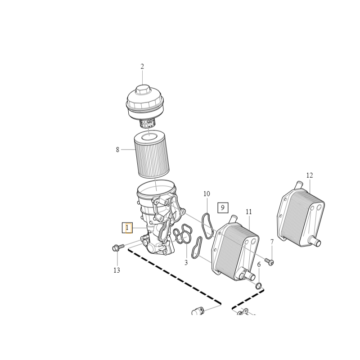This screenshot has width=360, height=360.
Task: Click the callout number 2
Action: point(142,67)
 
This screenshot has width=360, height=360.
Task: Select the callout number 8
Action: point(117,150)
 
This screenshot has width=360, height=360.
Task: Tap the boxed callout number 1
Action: point(127,228)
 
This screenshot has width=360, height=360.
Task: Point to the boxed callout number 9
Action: point(223,208)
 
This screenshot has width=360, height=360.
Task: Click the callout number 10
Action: point(207,194)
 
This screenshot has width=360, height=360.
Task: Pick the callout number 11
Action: point(249,211)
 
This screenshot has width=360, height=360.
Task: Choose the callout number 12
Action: point(310,175)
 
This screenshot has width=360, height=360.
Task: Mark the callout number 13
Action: point(117,270)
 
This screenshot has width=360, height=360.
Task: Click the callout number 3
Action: point(186,262)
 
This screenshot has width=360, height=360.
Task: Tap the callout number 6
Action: point(259,265)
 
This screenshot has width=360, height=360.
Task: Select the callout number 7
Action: point(272,242)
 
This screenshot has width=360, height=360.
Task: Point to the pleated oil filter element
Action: point(152,154)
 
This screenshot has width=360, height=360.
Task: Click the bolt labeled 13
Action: point(118,247)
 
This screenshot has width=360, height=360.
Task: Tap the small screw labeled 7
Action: point(270,261)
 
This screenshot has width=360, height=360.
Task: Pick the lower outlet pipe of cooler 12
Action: point(315,241)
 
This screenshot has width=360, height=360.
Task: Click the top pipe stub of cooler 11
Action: point(233,219)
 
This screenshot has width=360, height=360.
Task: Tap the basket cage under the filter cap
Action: point(148,122)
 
